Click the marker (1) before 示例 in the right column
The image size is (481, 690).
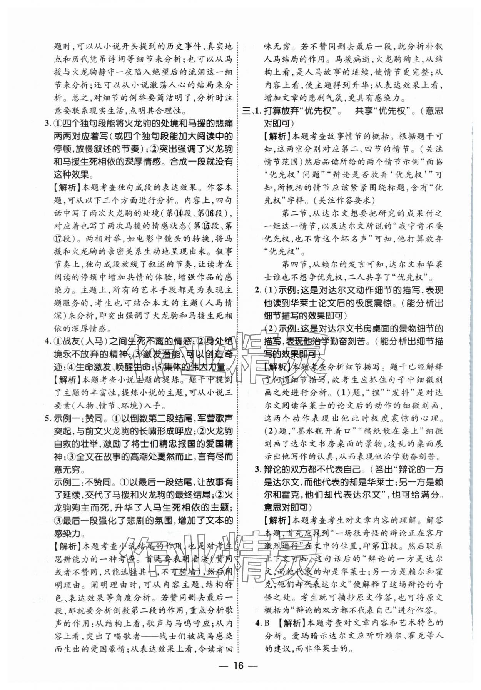point(271,290)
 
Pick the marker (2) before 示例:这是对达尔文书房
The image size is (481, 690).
point(271,329)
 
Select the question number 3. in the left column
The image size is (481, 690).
point(48,124)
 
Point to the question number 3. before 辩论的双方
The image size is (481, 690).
point(258,469)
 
